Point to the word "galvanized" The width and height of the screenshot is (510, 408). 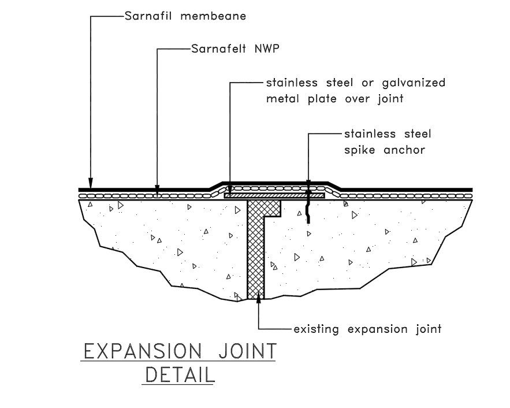coord(414,83)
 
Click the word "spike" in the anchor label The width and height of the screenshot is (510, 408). coord(361,150)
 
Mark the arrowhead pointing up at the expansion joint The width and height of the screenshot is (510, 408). coord(258,297)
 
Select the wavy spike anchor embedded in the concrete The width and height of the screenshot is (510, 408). coord(309,208)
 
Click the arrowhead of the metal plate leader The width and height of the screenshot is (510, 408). coord(230,190)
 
